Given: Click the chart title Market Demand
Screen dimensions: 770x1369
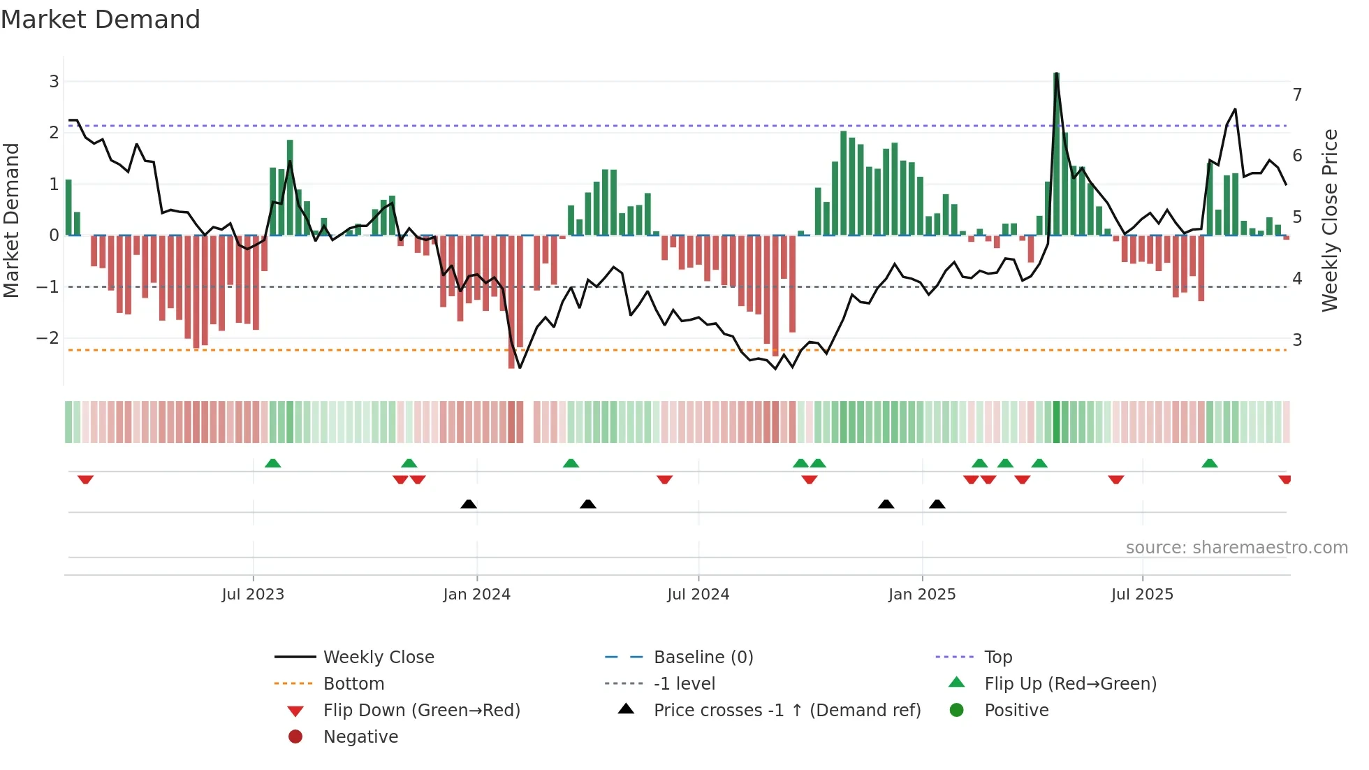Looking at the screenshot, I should coord(101,20).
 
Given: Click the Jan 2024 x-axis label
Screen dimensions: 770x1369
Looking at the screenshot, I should coord(476,595).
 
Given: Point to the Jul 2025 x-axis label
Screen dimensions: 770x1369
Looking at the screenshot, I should coord(1142,595).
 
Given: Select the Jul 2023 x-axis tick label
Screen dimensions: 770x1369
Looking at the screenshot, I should coord(253,595).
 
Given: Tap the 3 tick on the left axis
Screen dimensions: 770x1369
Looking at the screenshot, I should coord(54,82).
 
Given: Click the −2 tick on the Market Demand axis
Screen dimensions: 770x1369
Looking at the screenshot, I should coord(48,338).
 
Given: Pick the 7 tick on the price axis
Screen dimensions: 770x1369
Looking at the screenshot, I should coord(1297,94).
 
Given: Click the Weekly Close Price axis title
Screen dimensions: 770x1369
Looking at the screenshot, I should coord(1330,220).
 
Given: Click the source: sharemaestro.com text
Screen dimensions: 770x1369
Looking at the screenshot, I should coord(1236,548).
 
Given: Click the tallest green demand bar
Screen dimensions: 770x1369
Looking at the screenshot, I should coord(1057,154).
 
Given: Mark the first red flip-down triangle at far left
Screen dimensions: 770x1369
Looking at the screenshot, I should coord(85,479).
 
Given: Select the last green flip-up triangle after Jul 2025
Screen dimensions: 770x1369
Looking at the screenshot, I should coord(1210,463).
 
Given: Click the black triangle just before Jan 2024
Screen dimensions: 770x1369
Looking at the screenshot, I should coord(469,504).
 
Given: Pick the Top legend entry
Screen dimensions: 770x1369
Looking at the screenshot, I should coord(997,658).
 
